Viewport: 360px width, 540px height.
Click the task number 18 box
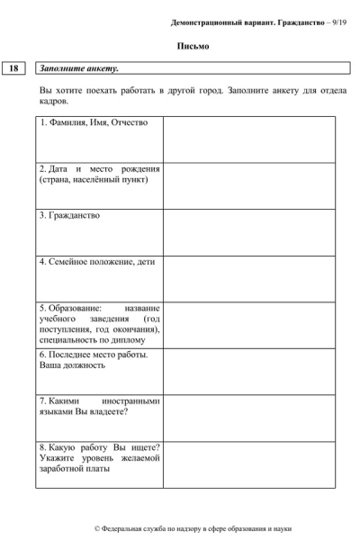point(16,67)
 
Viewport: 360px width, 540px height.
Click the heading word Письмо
point(186,46)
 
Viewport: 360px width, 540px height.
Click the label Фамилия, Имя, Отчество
point(87,122)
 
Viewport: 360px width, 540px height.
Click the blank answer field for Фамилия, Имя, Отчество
point(248,139)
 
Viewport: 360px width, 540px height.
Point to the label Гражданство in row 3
point(72,216)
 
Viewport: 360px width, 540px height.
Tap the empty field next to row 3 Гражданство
point(248,232)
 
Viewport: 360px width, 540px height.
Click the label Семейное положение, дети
point(97,262)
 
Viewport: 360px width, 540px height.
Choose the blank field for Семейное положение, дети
point(248,278)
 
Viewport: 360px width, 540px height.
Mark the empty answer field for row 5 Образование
point(248,324)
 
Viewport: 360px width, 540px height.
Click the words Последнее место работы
point(94,354)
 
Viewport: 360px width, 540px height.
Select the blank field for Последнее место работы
point(248,370)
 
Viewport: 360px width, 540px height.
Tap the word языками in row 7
point(57,411)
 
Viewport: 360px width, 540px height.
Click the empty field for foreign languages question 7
point(248,417)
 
